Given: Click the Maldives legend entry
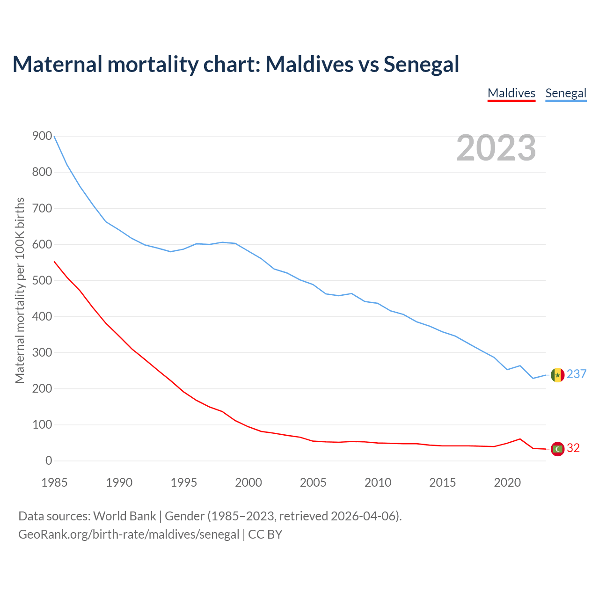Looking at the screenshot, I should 511,93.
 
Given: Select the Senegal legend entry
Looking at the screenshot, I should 566,93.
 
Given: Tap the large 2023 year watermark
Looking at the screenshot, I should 496,148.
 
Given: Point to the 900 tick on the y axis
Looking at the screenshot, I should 42,136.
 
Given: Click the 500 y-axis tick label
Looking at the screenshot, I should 42,281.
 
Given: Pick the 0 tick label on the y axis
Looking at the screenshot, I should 49,461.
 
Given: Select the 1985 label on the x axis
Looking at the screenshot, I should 54,482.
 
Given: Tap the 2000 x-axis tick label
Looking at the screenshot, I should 248,482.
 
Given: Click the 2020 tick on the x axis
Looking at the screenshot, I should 507,482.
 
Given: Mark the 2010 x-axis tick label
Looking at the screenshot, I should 378,482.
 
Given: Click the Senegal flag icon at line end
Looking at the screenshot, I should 557,375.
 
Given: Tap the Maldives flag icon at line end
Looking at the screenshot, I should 557,449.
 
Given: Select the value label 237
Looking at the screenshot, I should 577,374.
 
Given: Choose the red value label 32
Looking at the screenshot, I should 573,448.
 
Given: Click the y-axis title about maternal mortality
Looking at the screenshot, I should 20,290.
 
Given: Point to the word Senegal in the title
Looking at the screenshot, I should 421,64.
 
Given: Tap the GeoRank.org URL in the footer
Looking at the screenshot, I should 129,534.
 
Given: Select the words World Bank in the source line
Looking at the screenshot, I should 124,516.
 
